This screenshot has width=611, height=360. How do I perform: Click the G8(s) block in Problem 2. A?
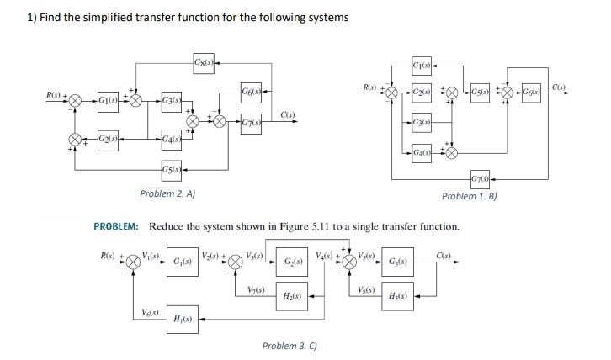(x=203, y=61)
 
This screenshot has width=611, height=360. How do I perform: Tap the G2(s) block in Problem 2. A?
(x=108, y=137)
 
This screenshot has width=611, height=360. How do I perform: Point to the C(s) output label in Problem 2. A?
(x=287, y=115)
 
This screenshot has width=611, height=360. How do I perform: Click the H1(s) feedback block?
(x=180, y=319)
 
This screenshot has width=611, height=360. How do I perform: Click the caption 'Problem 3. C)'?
(x=290, y=346)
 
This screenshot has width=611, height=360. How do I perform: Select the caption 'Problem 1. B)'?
(x=471, y=195)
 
